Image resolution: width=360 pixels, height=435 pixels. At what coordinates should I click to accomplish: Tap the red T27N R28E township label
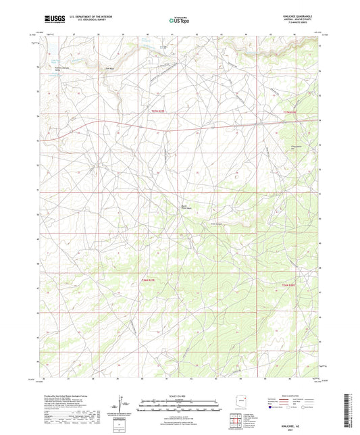click(x=289, y=112)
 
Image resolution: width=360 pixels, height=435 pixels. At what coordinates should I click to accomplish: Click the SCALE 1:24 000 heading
click(x=179, y=396)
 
